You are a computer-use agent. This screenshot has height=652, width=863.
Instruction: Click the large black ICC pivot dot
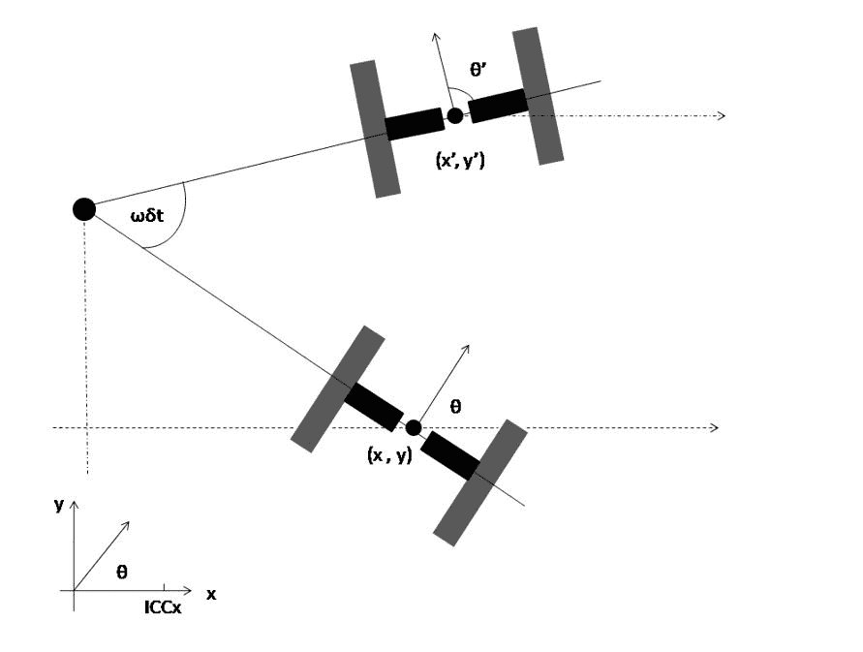tap(84, 208)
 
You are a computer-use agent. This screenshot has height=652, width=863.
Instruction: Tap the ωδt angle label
tap(152, 217)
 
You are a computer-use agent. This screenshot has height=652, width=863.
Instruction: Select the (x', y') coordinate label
tap(460, 162)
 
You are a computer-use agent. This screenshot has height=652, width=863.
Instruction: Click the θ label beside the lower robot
tap(456, 408)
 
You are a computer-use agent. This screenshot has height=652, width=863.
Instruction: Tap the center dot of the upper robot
tap(455, 116)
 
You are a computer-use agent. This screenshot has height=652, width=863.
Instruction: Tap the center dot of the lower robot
tap(414, 427)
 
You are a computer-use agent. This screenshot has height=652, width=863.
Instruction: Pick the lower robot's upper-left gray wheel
tap(338, 388)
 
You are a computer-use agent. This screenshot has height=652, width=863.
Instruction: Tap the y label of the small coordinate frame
tap(59, 504)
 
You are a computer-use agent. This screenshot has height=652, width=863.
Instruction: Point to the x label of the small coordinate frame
tap(210, 594)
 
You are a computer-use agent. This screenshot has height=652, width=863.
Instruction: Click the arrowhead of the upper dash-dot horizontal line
tap(721, 116)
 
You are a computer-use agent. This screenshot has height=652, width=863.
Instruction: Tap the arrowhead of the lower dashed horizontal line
tap(715, 427)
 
